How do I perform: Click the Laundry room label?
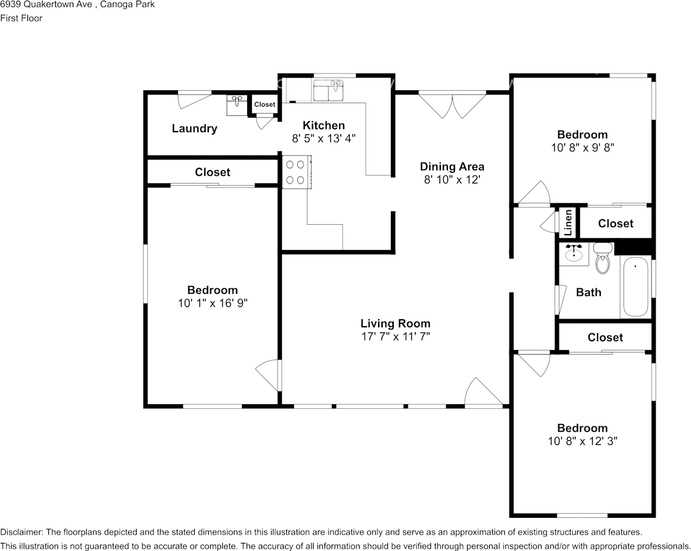pyautogui.click(x=194, y=128)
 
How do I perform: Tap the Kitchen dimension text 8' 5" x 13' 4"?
pyautogui.click(x=323, y=139)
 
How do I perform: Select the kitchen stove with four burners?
pyautogui.click(x=297, y=172)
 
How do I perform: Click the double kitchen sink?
pyautogui.click(x=329, y=90)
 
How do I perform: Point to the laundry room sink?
pyautogui.click(x=237, y=105)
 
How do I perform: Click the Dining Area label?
pyautogui.click(x=452, y=167)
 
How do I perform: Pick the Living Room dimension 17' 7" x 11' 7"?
pyautogui.click(x=396, y=337)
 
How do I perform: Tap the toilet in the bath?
pyautogui.click(x=603, y=258)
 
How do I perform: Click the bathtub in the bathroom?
pyautogui.click(x=636, y=287)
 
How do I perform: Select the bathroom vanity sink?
pyautogui.click(x=574, y=254)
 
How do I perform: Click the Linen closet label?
pyautogui.click(x=568, y=222)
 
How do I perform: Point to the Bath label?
pyautogui.click(x=589, y=292)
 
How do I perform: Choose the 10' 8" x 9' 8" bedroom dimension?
pyautogui.click(x=583, y=147)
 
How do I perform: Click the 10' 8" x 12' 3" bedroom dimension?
pyautogui.click(x=583, y=441)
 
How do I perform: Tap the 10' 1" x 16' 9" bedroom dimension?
pyautogui.click(x=212, y=303)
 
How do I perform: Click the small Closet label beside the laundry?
pyautogui.click(x=265, y=105)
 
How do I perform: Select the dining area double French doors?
pyautogui.click(x=452, y=105)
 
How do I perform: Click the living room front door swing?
pyautogui.click(x=483, y=391)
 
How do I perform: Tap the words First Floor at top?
pyautogui.click(x=21, y=18)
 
